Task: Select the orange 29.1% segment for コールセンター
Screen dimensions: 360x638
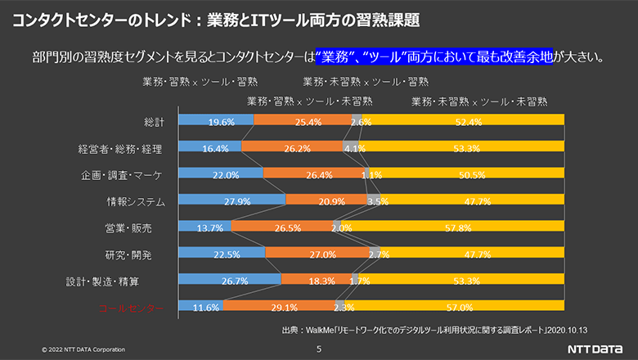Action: point(279,307)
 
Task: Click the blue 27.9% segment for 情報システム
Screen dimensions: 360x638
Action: point(231,201)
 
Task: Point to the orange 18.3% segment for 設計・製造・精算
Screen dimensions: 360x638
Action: point(317,281)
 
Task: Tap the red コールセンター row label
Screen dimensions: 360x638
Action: point(132,308)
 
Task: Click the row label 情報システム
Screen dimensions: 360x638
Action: point(136,201)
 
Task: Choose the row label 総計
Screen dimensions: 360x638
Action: point(155,122)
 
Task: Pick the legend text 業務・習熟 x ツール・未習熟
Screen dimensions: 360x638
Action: point(311,101)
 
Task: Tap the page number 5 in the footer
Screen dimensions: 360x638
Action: point(319,349)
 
